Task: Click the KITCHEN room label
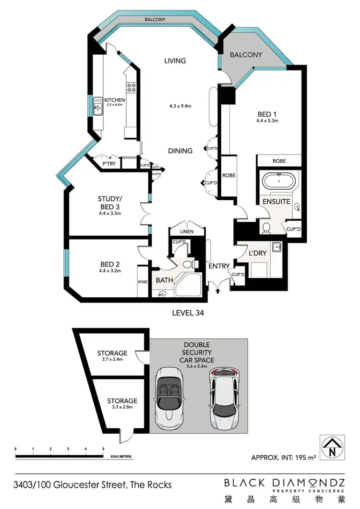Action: click(x=115, y=100)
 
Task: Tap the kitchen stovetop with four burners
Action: click(x=131, y=88)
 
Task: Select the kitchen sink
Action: click(x=97, y=109)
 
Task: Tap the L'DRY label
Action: click(x=258, y=253)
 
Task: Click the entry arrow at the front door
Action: click(x=218, y=290)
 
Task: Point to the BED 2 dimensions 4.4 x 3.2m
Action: click(x=110, y=271)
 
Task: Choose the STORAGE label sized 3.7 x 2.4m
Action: click(x=112, y=353)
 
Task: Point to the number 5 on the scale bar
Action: click(x=103, y=449)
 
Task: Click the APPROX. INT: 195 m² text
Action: click(x=283, y=457)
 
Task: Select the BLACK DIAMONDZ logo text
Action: click(x=284, y=482)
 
